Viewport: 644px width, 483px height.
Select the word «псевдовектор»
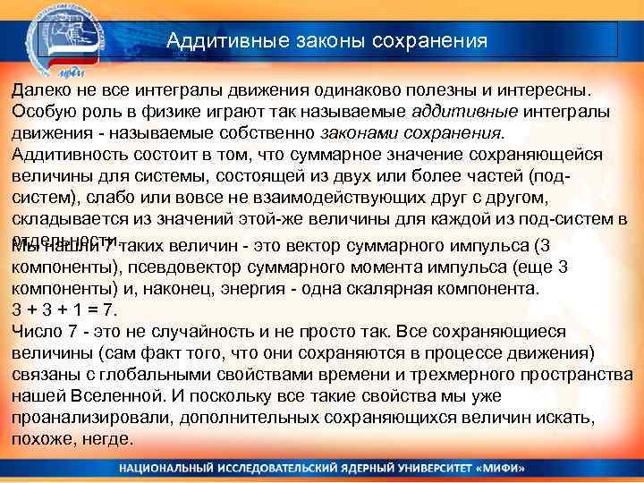pos(182,267)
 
